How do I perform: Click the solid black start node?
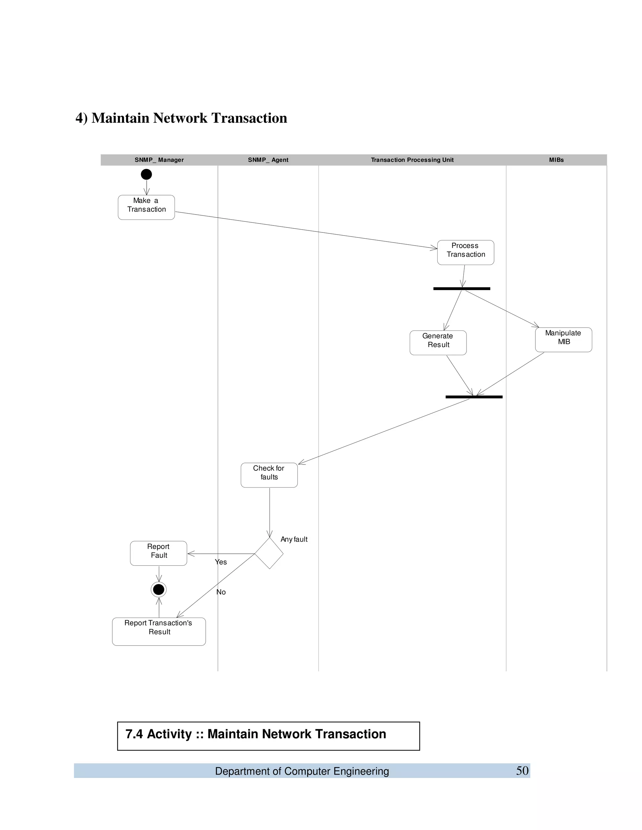pos(146,174)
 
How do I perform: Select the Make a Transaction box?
pos(146,207)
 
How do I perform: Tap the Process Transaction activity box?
pos(466,252)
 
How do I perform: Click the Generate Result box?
pos(438,343)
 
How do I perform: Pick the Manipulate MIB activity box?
pos(563,340)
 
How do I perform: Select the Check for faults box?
pos(269,475)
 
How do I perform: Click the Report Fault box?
pos(159,553)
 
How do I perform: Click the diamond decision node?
pos(269,553)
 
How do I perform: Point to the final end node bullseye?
pos(159,589)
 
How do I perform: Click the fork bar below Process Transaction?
pos(462,289)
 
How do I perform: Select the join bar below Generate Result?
pos(474,397)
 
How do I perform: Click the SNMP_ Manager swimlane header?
pos(159,160)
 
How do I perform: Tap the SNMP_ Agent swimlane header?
pos(268,160)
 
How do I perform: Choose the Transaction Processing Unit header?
pos(412,160)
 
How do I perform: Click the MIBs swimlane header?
pos(556,160)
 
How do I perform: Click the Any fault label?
pos(294,539)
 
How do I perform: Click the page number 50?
pos(522,771)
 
